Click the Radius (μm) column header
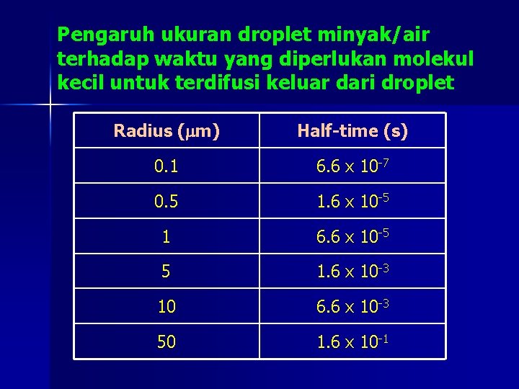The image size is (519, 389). (167, 131)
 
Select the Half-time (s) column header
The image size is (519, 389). (352, 131)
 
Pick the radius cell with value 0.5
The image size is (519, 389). (167, 201)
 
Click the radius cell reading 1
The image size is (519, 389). (167, 236)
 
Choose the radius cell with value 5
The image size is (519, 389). (167, 272)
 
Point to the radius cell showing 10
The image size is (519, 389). (167, 307)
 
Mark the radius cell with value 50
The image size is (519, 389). (167, 342)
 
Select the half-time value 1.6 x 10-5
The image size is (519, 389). (352, 201)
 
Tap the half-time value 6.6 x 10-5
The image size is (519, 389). (352, 236)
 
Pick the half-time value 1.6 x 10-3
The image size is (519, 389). (352, 272)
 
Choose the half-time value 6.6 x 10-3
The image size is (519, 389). (352, 307)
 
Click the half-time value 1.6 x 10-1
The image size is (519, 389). (352, 342)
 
